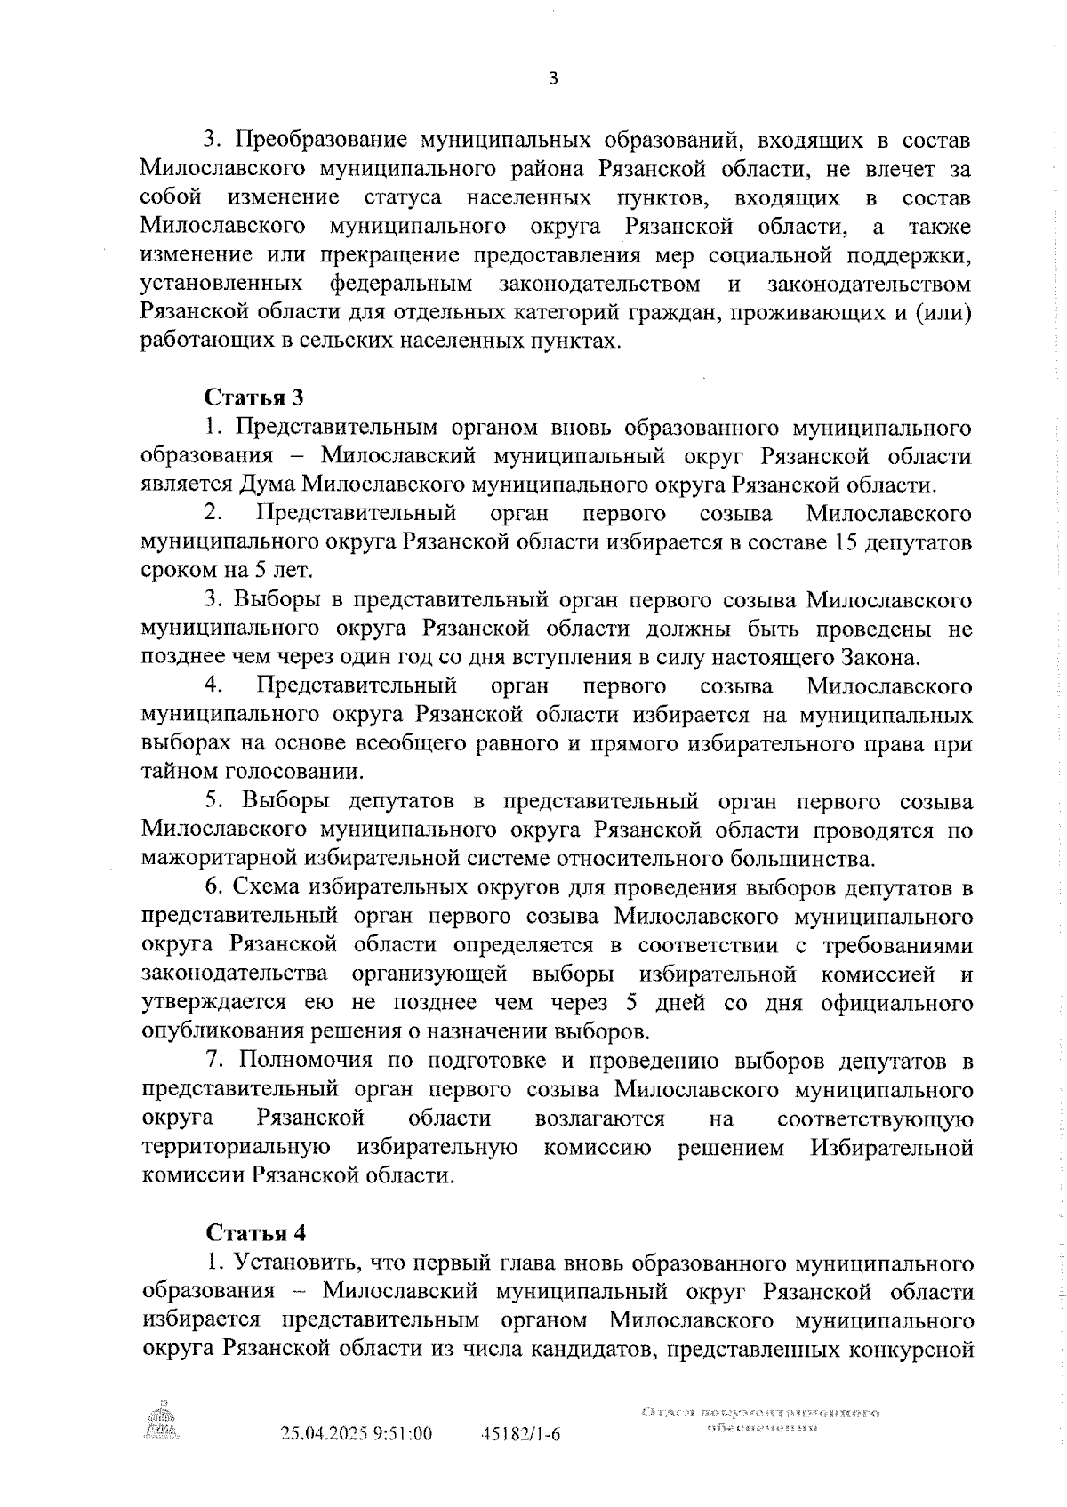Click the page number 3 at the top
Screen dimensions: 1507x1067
[553, 78]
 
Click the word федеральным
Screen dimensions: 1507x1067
[400, 285]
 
